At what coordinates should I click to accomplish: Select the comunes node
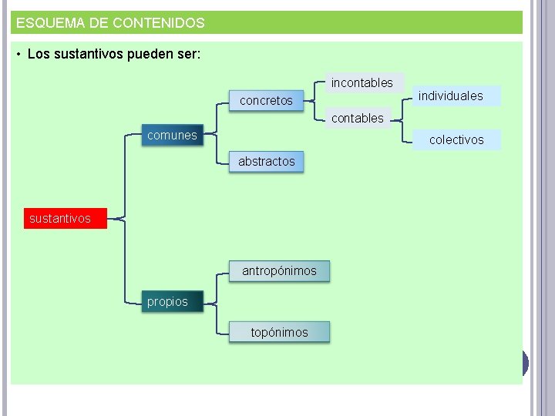coord(172,136)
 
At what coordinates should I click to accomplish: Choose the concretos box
coord(266,101)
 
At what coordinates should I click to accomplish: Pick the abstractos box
coord(266,162)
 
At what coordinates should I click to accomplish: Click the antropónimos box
coord(279,271)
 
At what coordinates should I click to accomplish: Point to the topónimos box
coord(279,333)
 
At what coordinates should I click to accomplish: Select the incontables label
coord(362,82)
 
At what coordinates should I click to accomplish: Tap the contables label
coord(357,118)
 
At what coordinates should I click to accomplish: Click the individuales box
coord(450,96)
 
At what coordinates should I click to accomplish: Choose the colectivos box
coord(456,140)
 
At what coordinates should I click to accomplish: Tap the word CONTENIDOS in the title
coord(158,23)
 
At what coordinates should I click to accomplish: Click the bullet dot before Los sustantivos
coord(18,55)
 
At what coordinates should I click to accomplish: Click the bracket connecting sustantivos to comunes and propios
coord(124,219)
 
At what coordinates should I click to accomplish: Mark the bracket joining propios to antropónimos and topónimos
coord(217,302)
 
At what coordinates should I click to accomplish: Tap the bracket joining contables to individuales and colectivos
coord(403,119)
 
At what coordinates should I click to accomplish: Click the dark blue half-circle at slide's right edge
coord(525,363)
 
